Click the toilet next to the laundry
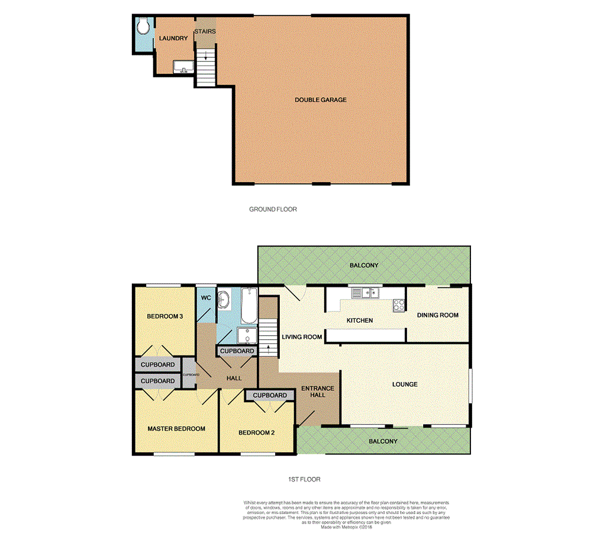tap(143, 27)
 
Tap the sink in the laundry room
tap(183, 66)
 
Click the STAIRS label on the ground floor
tap(205, 31)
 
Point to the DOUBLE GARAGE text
tap(321, 100)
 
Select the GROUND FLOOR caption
tap(273, 209)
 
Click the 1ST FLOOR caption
tap(302, 479)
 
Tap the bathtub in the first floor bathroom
tap(249, 306)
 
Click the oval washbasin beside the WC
tap(225, 300)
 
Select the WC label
tap(206, 298)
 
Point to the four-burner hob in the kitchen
tap(399, 306)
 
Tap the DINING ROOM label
tap(438, 315)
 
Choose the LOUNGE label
tap(405, 384)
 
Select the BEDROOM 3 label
tap(165, 316)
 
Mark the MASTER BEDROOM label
tap(176, 429)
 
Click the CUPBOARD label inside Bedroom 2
tap(270, 395)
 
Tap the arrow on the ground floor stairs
tap(205, 56)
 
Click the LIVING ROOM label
tap(302, 337)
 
